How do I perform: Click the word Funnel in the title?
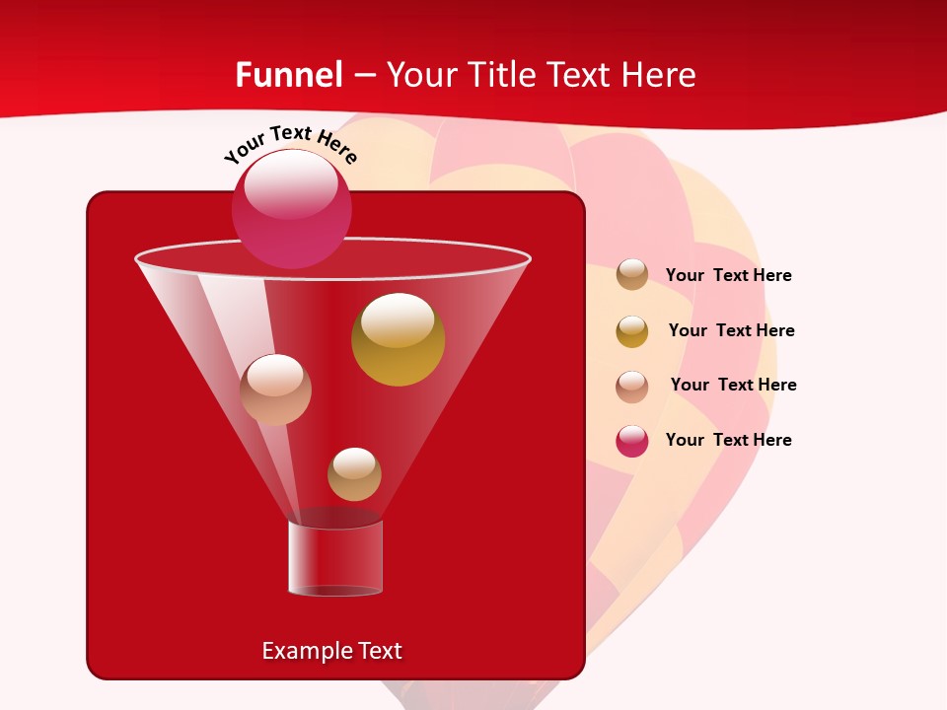pyautogui.click(x=288, y=75)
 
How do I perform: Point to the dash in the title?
pyautogui.click(x=364, y=75)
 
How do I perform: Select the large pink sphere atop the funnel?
pyautogui.click(x=292, y=208)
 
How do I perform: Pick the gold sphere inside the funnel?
pyautogui.click(x=398, y=339)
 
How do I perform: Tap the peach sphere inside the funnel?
pyautogui.click(x=275, y=390)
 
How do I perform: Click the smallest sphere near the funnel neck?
pyautogui.click(x=354, y=473)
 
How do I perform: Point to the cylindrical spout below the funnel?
pyautogui.click(x=335, y=558)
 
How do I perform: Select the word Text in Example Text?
pyautogui.click(x=379, y=651)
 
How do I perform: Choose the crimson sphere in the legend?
pyautogui.click(x=632, y=441)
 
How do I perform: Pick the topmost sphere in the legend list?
pyautogui.click(x=632, y=274)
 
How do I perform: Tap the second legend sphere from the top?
pyautogui.click(x=632, y=331)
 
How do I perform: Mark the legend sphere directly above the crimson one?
pyautogui.click(x=632, y=387)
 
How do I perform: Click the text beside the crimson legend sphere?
pyautogui.click(x=728, y=440)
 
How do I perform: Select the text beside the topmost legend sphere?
pyautogui.click(x=728, y=275)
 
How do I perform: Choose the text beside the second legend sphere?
pyautogui.click(x=731, y=330)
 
